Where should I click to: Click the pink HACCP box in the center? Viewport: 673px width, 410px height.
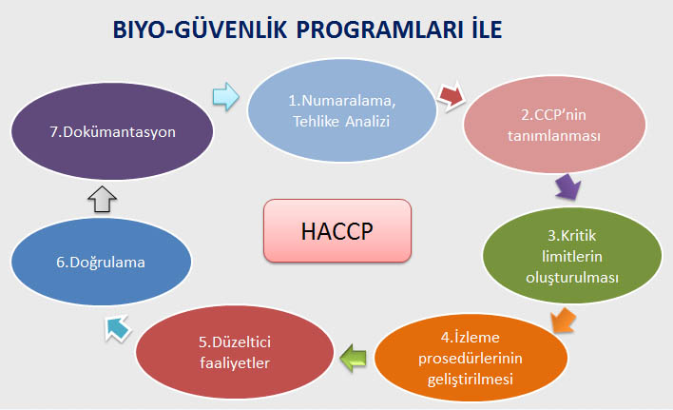click(337, 230)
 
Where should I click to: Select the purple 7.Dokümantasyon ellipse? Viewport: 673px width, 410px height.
click(112, 131)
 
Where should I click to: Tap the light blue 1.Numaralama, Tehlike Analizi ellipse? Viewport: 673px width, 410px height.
click(342, 110)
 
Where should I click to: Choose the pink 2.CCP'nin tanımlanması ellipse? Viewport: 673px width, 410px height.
click(554, 125)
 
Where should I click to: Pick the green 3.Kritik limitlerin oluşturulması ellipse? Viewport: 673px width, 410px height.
click(572, 256)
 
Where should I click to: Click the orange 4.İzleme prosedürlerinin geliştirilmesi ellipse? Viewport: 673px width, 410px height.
click(471, 358)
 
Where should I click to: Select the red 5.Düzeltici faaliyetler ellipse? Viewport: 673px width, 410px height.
click(235, 352)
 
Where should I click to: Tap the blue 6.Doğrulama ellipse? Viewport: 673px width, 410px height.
click(101, 262)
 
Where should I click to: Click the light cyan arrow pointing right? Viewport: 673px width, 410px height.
click(226, 97)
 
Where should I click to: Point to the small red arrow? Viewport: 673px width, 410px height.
click(452, 97)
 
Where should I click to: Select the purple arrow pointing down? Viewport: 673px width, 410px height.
click(567, 186)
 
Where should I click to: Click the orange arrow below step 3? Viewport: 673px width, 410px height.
click(563, 321)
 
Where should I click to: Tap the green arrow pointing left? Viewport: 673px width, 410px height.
click(354, 358)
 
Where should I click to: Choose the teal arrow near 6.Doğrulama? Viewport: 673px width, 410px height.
click(117, 328)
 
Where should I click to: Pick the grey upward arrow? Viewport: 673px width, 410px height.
click(102, 199)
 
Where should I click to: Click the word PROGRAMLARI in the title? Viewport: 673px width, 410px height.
click(379, 30)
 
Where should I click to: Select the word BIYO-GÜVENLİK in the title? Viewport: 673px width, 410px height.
click(200, 29)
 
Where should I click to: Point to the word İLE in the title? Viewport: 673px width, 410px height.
click(487, 29)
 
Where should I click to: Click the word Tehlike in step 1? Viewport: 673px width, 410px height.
click(316, 122)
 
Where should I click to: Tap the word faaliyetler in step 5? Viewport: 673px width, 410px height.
click(235, 363)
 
